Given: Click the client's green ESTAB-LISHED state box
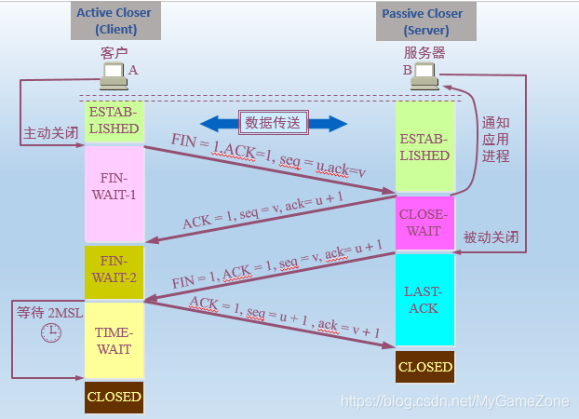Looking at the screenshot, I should point(114,120).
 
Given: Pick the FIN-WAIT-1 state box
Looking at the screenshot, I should point(114,192).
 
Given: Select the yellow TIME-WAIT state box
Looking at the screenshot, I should point(114,340).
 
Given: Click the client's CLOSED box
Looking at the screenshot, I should point(114,397).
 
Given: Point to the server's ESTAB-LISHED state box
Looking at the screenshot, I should point(424,146).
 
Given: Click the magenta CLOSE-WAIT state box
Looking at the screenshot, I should point(424,223).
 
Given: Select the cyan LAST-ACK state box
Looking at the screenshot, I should point(424,299).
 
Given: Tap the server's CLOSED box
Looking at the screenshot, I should point(424,367).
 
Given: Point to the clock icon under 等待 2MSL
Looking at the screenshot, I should point(50,331).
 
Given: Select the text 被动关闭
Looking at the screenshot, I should point(491,237).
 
